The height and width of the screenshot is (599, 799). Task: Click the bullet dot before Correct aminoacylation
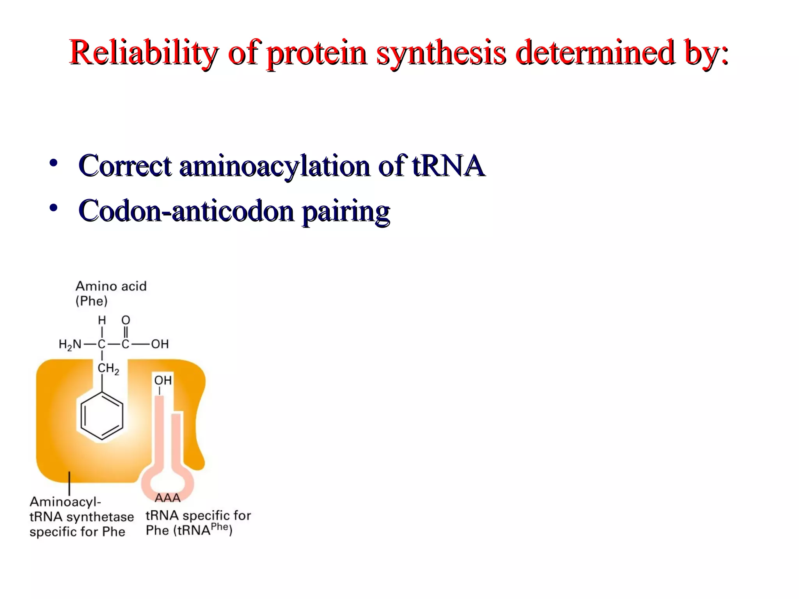(53, 163)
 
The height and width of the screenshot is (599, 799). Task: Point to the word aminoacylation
(274, 166)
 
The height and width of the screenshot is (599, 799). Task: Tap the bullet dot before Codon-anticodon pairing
(53, 207)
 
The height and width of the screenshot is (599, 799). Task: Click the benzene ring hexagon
(102, 416)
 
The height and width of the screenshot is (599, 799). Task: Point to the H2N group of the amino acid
(70, 344)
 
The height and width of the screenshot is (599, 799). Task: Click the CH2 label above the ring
(108, 368)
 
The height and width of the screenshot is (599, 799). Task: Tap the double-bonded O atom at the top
(126, 320)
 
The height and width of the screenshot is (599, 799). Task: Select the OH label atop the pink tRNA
(163, 380)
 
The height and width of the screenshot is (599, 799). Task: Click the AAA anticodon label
(167, 498)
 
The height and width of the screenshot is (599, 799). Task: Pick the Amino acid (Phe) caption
(111, 293)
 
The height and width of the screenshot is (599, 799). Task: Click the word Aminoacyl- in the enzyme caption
(65, 502)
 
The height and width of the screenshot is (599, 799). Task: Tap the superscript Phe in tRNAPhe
(219, 527)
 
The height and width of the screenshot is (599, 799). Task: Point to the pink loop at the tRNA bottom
(167, 481)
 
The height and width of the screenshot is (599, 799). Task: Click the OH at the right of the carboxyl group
(160, 344)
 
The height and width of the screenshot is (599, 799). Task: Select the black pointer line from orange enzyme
(69, 484)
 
